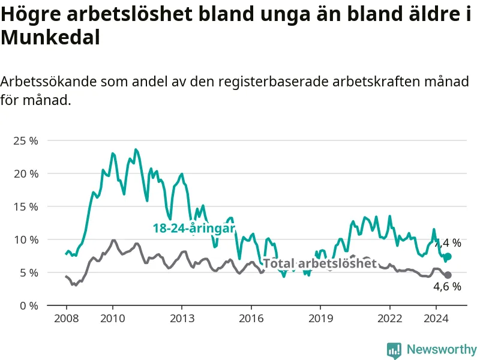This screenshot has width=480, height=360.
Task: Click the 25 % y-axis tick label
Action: pos(26,141)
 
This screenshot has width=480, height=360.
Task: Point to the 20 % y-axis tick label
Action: pos(26,174)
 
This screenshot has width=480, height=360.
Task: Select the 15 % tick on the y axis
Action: pos(26,207)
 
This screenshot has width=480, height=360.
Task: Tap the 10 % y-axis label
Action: pos(26,239)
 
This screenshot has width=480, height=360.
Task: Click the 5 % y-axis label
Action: pos(29,273)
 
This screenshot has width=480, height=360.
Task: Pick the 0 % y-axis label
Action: pos(29,306)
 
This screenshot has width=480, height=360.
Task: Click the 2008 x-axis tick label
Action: pos(67,319)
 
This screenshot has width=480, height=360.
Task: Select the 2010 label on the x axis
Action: pos(113,319)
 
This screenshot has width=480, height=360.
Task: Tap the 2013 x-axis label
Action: pos(182,319)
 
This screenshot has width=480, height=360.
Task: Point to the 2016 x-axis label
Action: pos(251,319)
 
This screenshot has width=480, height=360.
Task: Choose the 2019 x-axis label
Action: pos(320,319)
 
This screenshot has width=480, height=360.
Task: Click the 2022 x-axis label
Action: pos(389,319)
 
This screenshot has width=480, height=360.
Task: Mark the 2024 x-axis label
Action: pos(436,319)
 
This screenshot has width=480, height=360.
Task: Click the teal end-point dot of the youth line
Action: pos(448,257)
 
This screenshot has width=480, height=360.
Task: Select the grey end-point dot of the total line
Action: pos(448,275)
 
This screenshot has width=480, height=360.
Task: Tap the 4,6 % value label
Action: pos(447,287)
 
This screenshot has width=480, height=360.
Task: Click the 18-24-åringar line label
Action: pos(194,229)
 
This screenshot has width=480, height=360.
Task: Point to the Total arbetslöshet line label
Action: pos(320,263)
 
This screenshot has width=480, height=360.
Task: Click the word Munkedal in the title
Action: pos(50,38)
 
